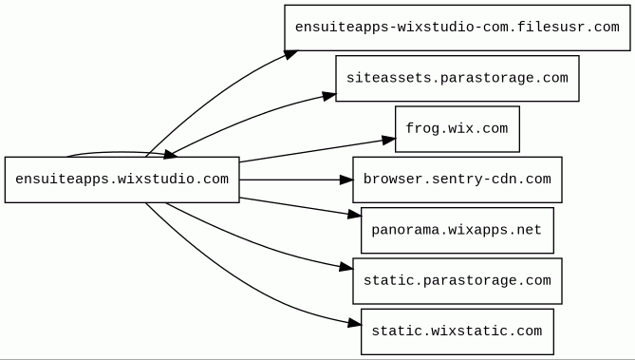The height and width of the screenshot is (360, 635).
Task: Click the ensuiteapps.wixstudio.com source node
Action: [121, 180]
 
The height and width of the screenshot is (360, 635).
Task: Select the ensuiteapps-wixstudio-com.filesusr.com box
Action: [458, 28]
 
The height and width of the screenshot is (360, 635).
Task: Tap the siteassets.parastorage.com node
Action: [458, 78]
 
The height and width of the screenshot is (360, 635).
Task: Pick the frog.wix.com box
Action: [458, 129]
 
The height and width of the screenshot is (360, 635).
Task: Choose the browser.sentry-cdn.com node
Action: [458, 180]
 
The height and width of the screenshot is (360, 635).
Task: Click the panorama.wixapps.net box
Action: [458, 230]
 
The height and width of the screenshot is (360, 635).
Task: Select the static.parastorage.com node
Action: [458, 281]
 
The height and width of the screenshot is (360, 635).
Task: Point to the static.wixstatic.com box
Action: [458, 332]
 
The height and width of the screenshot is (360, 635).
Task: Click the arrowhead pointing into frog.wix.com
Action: [388, 140]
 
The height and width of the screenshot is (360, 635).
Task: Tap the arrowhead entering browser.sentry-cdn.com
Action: [346, 180]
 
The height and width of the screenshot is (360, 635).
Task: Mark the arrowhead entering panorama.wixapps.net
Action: [354, 215]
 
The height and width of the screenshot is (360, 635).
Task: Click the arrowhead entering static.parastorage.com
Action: [346, 267]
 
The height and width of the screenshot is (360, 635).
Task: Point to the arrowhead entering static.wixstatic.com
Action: [354, 323]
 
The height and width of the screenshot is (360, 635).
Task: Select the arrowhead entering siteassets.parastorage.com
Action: [329, 96]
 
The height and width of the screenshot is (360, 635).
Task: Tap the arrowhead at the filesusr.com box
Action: [291, 55]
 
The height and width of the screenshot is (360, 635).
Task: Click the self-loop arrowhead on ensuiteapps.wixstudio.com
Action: [170, 154]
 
